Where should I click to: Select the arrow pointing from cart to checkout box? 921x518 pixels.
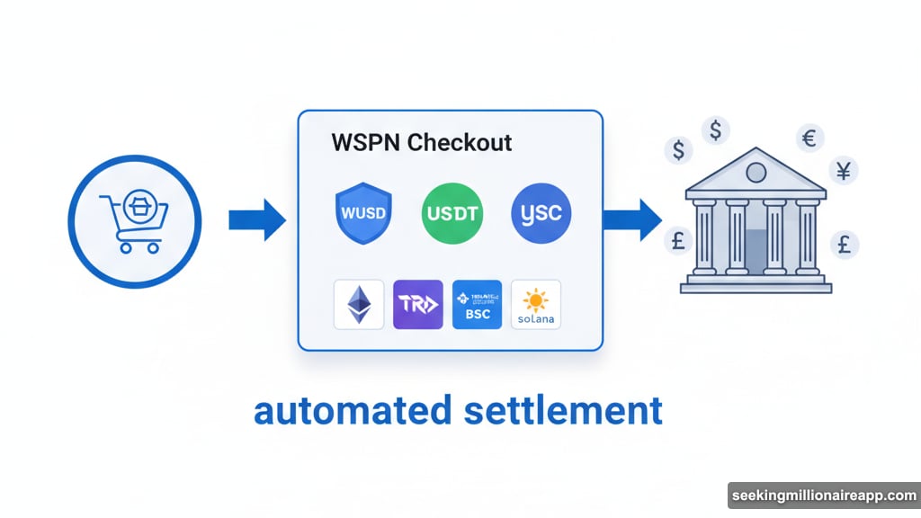pos(256,219)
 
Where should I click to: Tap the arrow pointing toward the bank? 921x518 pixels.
pos(631,219)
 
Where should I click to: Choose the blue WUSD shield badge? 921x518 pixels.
pos(362,216)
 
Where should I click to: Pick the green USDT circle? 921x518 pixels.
pos(452,216)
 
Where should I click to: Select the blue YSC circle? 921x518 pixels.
pos(541,216)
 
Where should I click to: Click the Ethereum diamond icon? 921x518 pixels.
pos(359,305)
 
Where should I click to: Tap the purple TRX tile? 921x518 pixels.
pos(418,305)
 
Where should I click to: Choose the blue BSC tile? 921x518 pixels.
pos(478,305)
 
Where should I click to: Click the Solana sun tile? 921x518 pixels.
pos(536,305)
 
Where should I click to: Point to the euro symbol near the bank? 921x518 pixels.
pos(808,138)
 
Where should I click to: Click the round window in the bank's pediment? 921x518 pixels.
pos(756,171)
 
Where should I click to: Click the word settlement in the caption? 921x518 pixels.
pos(564,410)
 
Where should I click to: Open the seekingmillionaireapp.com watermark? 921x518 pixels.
pos(822,496)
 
